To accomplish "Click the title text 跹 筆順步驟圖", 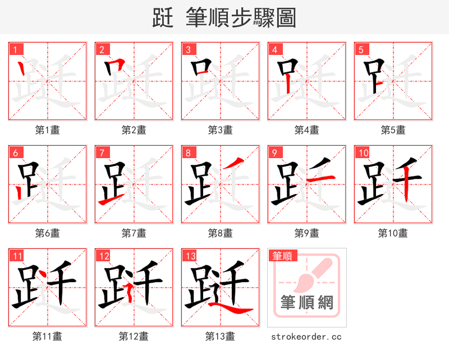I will coord(224,17).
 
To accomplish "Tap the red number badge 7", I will coord(102,153).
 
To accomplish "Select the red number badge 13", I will coord(190,256).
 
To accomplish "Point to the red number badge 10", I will coord(363,153).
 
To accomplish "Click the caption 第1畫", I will coord(47,130).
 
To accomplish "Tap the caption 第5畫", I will coord(393,130).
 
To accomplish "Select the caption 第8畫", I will coord(220,233).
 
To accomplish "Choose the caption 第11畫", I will coord(47,336).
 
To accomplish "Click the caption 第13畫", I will coord(220,336).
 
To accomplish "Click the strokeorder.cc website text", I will coord(306,337).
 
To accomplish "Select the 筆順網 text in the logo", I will coord(307,303).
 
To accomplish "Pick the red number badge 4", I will coord(274,49).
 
